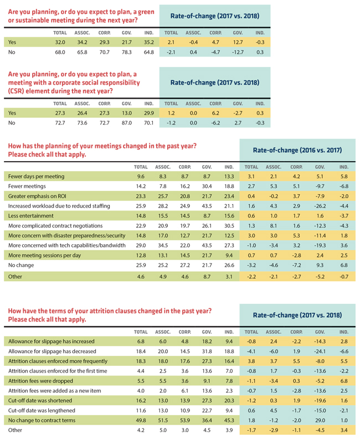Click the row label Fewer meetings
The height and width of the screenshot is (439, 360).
coord(27,186)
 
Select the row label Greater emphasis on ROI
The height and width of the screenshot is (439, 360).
coord(37,197)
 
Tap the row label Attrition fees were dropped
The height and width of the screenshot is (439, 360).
coord(40,381)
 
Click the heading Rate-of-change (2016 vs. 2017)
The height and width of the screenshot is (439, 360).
coord(297,151)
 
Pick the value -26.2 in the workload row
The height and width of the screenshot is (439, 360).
coord(320,206)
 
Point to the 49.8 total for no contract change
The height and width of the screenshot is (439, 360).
coord(141,420)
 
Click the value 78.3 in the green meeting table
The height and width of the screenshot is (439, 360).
coord(127,53)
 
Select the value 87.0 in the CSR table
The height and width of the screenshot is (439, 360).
coord(127,123)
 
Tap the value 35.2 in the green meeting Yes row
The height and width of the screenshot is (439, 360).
coord(149,42)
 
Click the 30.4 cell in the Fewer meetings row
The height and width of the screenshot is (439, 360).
coord(207,186)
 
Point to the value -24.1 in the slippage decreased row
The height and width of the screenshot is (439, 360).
coord(320,352)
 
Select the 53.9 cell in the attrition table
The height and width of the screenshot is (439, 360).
coord(185,420)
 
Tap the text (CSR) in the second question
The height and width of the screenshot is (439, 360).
coord(16,91)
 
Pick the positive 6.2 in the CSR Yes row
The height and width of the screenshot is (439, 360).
coord(215,113)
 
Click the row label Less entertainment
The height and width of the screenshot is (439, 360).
coord(31,216)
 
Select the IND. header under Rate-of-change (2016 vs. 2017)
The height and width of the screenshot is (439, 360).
coord(344,167)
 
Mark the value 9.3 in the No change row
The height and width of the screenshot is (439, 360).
coord(320,265)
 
